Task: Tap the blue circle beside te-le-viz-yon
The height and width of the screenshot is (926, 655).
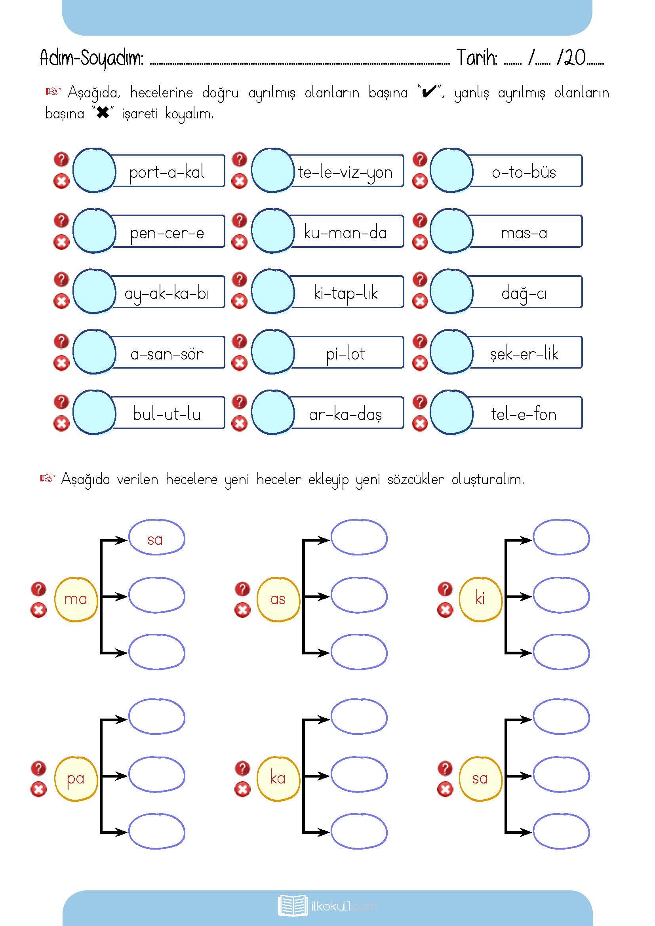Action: click(272, 170)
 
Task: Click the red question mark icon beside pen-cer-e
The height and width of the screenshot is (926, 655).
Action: click(61, 221)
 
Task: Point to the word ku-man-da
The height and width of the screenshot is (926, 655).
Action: click(345, 233)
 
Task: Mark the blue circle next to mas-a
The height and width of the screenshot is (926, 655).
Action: click(451, 231)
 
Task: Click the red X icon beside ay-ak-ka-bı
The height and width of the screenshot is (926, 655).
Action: click(61, 301)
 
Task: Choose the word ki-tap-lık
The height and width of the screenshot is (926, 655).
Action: click(346, 293)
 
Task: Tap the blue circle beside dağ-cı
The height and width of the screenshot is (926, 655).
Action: click(451, 291)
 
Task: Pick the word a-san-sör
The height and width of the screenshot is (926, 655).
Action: click(167, 354)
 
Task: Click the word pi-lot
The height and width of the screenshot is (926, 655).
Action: click(345, 354)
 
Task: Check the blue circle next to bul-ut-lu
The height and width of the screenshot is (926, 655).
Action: click(94, 412)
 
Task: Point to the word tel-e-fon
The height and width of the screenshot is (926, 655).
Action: click(524, 415)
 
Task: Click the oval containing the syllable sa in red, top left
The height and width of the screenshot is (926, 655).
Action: click(156, 539)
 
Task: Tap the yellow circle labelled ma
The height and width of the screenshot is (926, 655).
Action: click(76, 599)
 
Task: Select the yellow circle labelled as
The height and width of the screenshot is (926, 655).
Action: click(278, 599)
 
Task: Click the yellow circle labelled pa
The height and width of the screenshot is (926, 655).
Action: click(76, 778)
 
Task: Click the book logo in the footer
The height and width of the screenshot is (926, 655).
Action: click(292, 906)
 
